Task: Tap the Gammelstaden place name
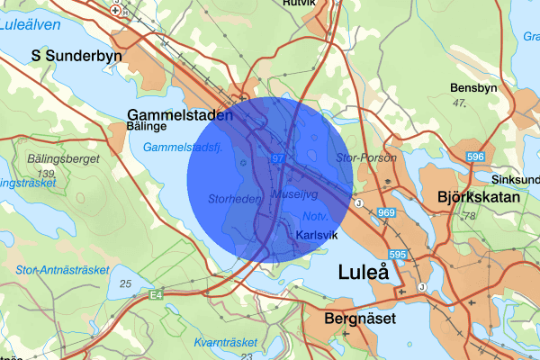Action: click(x=180, y=115)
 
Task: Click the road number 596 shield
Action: click(x=476, y=157)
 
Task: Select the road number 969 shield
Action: click(x=387, y=212)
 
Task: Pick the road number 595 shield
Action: click(x=399, y=256)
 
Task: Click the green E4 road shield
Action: click(x=157, y=293)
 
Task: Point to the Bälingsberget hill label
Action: click(x=38, y=159)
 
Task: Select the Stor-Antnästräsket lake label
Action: click(x=61, y=269)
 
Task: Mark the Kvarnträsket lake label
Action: click(x=225, y=342)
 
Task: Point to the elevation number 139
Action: click(x=47, y=172)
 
